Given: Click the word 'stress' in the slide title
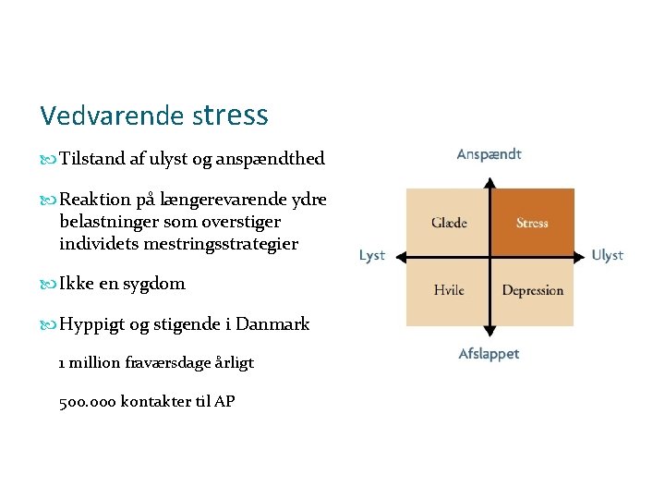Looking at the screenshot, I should coord(231,116).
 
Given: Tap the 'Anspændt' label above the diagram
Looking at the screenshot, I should coord(490,154).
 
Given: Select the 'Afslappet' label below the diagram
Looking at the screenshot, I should coord(489,354).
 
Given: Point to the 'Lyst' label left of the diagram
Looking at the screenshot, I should coord(372,255).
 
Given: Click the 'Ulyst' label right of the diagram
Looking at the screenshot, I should coord(607,255).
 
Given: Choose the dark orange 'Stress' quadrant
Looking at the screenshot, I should coord(532,223).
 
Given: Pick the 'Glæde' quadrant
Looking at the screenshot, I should coord(449,223).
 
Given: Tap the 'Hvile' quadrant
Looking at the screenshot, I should coord(449,290).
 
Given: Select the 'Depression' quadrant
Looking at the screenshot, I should coord(532,290).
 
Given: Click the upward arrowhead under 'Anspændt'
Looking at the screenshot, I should coord(490,176).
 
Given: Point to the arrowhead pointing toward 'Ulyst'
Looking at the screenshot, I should coord(584,255).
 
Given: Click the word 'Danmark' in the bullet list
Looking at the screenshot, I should coord(272,324).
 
